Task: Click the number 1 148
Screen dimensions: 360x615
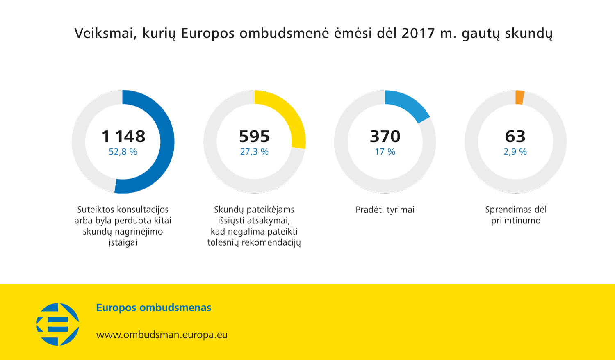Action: tap(123, 136)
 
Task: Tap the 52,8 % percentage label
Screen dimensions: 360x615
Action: tap(123, 152)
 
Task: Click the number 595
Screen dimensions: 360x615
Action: tap(254, 136)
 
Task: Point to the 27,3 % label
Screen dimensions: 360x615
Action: tap(254, 152)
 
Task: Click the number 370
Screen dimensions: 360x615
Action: tap(385, 136)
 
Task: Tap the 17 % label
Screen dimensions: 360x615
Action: tap(385, 152)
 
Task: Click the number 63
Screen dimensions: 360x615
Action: tap(515, 136)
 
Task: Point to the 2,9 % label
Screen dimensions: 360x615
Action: tap(515, 152)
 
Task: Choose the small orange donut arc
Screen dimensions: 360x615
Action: tap(519, 98)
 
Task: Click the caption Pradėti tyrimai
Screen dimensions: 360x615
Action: tap(385, 210)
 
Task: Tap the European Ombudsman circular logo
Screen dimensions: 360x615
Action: tap(58, 324)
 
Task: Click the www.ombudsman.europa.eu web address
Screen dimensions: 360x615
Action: tap(162, 335)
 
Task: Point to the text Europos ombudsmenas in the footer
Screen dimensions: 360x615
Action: tap(154, 308)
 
